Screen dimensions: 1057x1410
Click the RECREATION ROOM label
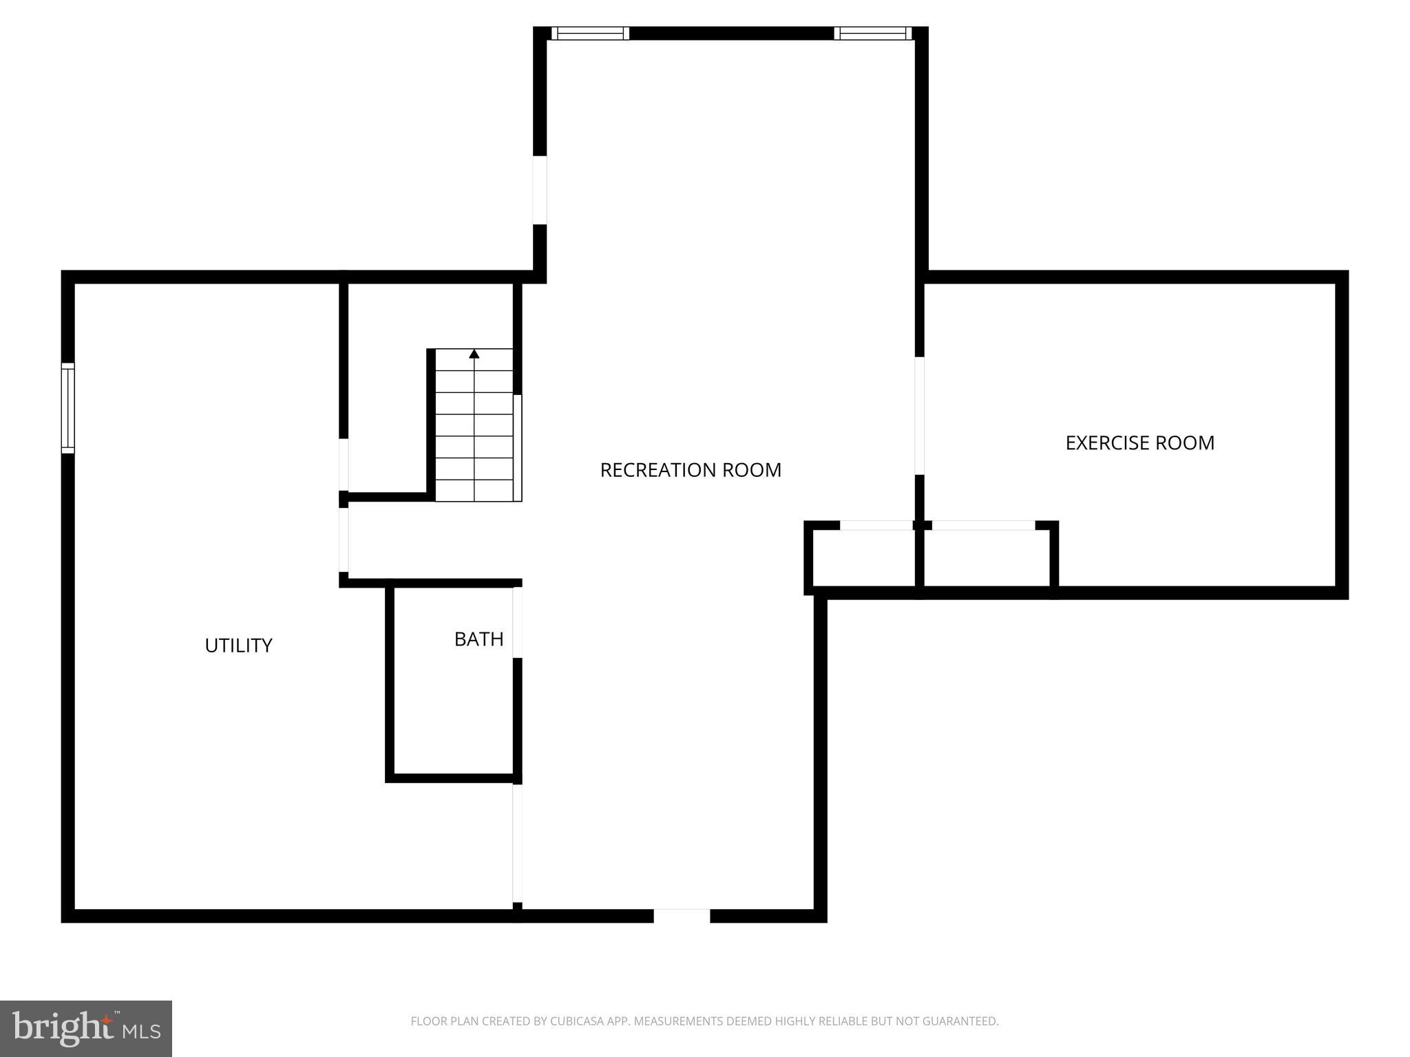click(691, 470)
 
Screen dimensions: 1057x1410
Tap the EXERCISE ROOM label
click(1139, 442)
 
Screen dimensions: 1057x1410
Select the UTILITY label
click(238, 645)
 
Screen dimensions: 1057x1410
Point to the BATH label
click(478, 639)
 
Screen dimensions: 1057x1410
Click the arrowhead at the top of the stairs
click(474, 354)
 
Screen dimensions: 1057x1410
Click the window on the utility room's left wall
click(67, 408)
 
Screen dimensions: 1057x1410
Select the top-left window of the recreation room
click(590, 33)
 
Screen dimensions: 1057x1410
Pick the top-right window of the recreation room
click(872, 33)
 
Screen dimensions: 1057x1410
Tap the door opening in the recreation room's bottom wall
click(682, 915)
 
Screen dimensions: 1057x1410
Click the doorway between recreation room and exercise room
click(919, 416)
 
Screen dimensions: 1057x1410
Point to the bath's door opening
click(517, 622)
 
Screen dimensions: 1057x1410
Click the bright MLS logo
click(86, 1028)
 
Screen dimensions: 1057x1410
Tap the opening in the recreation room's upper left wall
click(540, 190)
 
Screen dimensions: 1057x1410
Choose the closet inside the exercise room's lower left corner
click(986, 557)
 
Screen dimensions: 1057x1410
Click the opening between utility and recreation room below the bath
click(517, 843)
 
